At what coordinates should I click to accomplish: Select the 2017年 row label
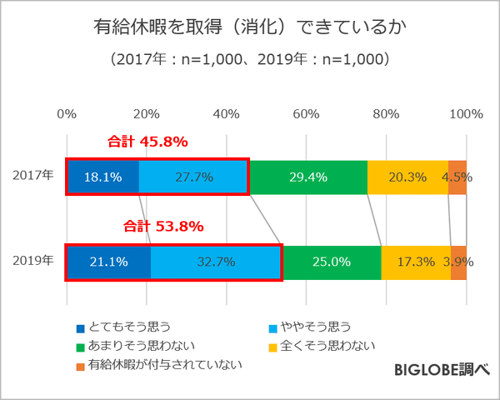coord(33,176)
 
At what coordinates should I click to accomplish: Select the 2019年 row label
coord(33,261)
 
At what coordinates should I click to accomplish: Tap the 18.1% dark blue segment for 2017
coord(102,177)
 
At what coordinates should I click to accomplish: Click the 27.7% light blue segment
coord(193,177)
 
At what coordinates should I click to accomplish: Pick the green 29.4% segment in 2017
coord(307,177)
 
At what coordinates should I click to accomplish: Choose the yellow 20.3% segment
coord(407,177)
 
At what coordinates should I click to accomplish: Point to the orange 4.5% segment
coord(457,177)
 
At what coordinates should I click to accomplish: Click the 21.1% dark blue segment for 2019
coord(108,262)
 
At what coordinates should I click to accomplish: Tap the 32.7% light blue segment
coord(216,262)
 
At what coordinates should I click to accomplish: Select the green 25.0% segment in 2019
coord(331,262)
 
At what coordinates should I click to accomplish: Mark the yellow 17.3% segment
coord(416,262)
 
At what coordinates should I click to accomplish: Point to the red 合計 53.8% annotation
coord(164,226)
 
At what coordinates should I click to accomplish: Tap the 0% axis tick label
coord(67,113)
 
